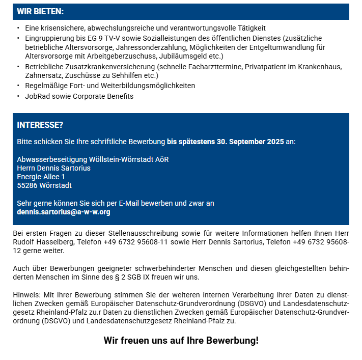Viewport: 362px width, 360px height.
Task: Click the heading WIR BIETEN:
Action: pos(40,11)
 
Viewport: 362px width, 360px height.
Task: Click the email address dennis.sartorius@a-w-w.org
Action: pos(64,212)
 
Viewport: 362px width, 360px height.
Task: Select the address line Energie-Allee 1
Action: pos(41,177)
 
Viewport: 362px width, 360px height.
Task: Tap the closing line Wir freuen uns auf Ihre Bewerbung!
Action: pos(181,340)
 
